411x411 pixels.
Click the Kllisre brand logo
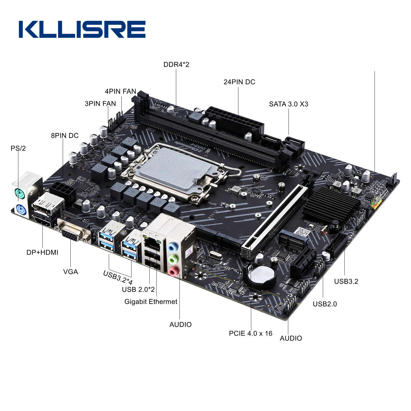[82, 29]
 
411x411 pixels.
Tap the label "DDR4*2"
[176, 65]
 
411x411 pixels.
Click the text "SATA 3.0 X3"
[289, 104]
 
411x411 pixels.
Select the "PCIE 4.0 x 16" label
[250, 333]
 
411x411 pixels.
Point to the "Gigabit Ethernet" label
[151, 302]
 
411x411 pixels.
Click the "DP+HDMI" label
[42, 252]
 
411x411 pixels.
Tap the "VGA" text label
[70, 272]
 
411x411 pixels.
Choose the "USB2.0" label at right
[325, 304]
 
